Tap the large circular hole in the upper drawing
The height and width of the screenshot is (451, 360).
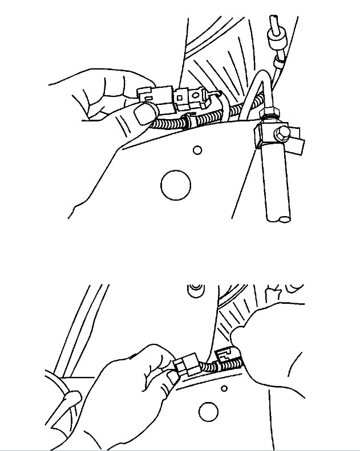pos(175,185)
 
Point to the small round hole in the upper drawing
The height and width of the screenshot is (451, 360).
pos(197,150)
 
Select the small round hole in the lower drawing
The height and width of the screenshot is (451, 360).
pos(225,388)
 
